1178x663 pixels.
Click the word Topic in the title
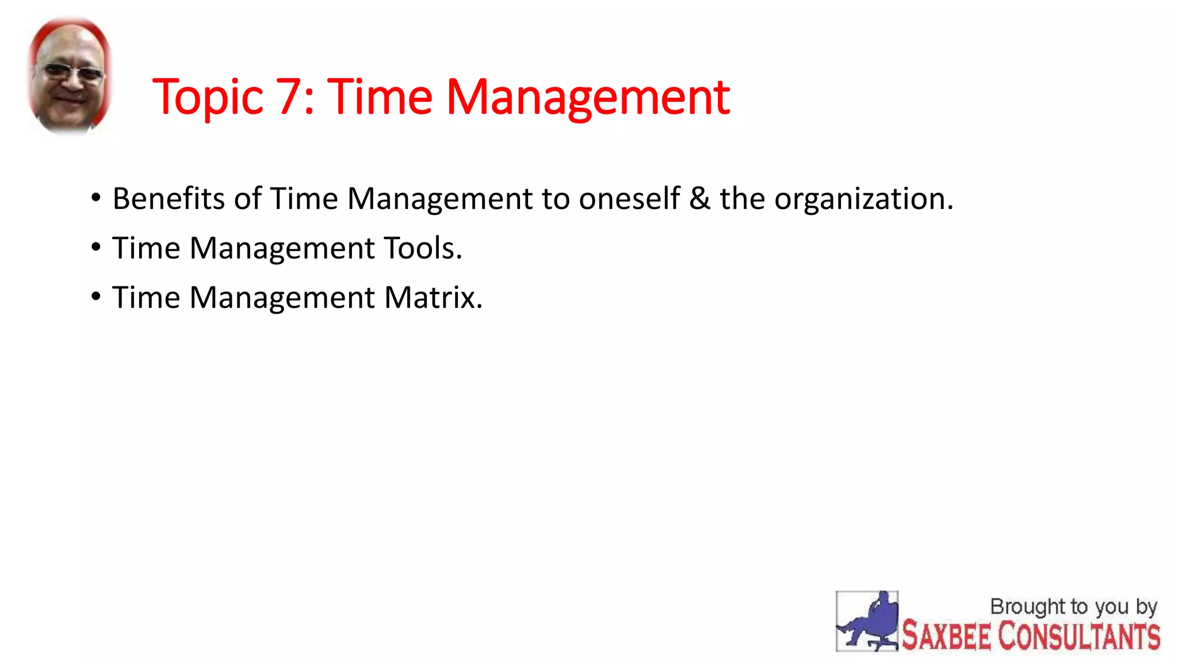point(208,98)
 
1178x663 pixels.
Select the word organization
point(863,200)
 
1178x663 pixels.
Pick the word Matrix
point(433,298)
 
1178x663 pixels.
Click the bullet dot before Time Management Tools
point(96,247)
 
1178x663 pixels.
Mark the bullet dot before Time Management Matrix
point(96,297)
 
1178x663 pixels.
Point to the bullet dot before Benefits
point(96,198)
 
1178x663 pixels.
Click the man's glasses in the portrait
point(72,73)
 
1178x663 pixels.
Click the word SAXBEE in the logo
point(946,637)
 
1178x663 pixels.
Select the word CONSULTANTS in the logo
point(1078,637)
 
